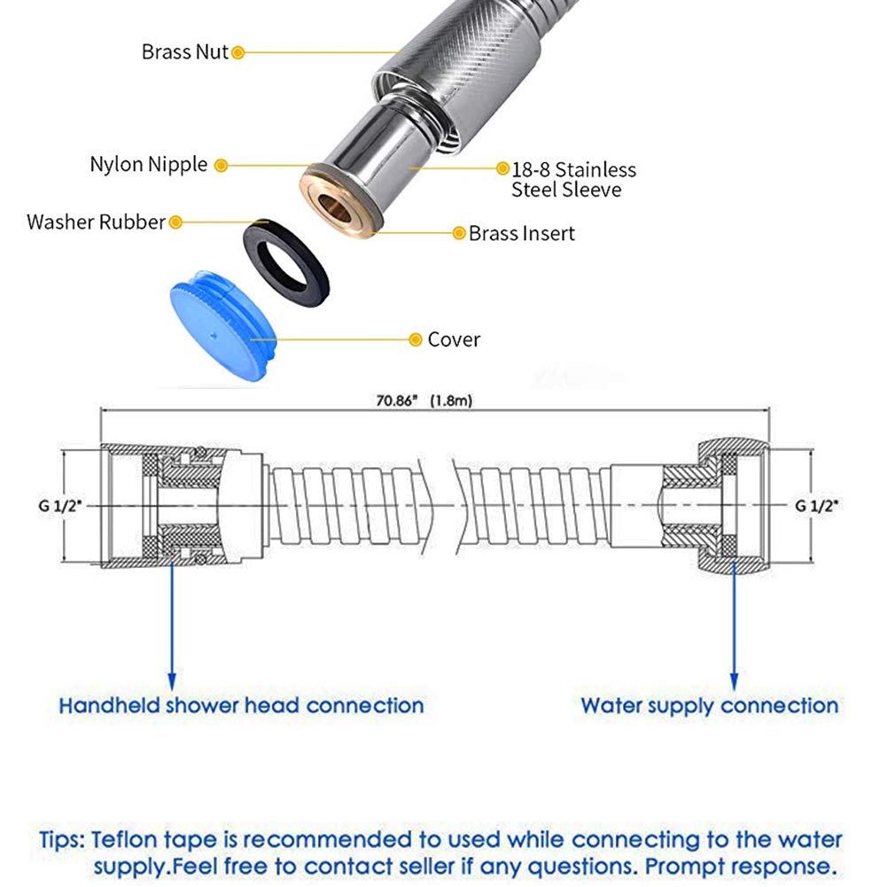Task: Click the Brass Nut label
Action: coord(184,52)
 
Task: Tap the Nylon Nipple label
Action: coord(149,165)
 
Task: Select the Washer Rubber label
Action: coord(97,222)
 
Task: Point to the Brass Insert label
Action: coord(522,234)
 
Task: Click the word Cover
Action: coord(454,339)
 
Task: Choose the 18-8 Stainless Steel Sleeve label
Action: coord(573,179)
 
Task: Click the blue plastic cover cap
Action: coord(222,323)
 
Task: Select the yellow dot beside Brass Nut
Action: coord(238,52)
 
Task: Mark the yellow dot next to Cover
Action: coord(416,339)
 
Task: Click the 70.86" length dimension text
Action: coord(424,401)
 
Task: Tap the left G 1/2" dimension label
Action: coord(60,506)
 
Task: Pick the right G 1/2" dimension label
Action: coord(817,506)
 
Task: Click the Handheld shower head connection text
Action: coord(242,706)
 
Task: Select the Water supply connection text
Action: coord(710,706)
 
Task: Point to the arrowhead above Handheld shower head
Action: coord(172,681)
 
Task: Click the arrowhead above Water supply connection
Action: coord(735,681)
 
